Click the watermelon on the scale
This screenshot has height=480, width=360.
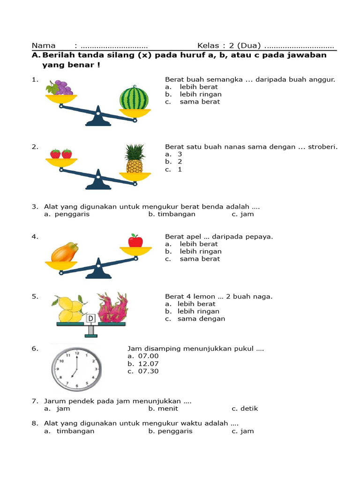coord(134,98)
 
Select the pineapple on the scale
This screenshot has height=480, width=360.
coord(135,159)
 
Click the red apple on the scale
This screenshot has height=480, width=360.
coord(135,240)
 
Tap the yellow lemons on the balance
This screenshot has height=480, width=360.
coord(70,309)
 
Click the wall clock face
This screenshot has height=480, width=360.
coord(75,367)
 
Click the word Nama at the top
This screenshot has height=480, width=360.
coord(43,45)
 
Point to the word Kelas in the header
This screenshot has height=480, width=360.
coord(208,45)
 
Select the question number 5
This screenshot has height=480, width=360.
coord(35,297)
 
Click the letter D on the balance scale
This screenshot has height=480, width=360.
coord(91,319)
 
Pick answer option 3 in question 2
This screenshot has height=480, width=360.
coord(180,154)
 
